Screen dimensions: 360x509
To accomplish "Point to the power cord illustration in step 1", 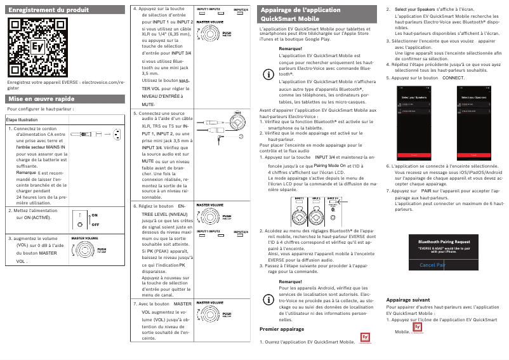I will pyautogui.click(x=96, y=133).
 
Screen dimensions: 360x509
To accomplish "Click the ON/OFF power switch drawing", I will pyautogui.click(x=86, y=219).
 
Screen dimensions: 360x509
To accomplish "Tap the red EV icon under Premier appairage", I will pyautogui.click(x=364, y=338).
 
